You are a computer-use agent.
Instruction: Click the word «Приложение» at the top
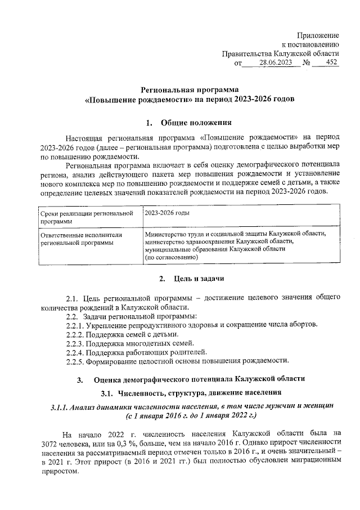[318, 35]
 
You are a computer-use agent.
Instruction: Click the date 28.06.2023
[276, 63]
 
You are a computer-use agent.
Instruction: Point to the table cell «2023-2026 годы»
[166, 214]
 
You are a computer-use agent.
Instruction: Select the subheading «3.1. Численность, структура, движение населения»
[191, 392]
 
